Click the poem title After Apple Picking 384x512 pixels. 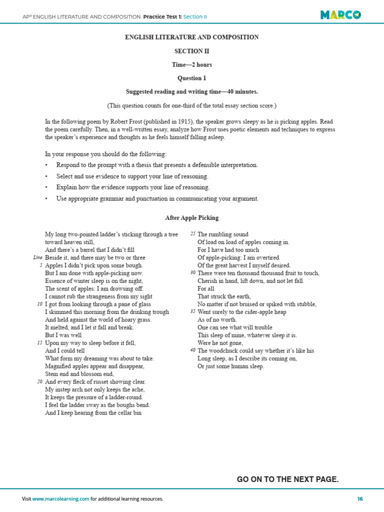[191, 218]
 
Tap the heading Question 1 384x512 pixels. [191, 78]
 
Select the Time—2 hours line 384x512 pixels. [191, 64]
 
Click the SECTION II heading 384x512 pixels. [191, 51]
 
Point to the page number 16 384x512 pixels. [359, 499]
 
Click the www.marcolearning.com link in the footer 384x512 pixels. [61, 499]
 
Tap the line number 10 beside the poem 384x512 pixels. [39, 304]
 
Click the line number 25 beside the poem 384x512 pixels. [192, 234]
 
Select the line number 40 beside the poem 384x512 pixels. [192, 350]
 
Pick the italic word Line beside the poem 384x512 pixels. [37, 257]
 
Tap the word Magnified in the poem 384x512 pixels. [58, 366]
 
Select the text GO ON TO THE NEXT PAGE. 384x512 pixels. [287, 479]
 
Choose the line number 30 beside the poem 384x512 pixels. [192, 273]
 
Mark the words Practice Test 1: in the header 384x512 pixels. [162, 16]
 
